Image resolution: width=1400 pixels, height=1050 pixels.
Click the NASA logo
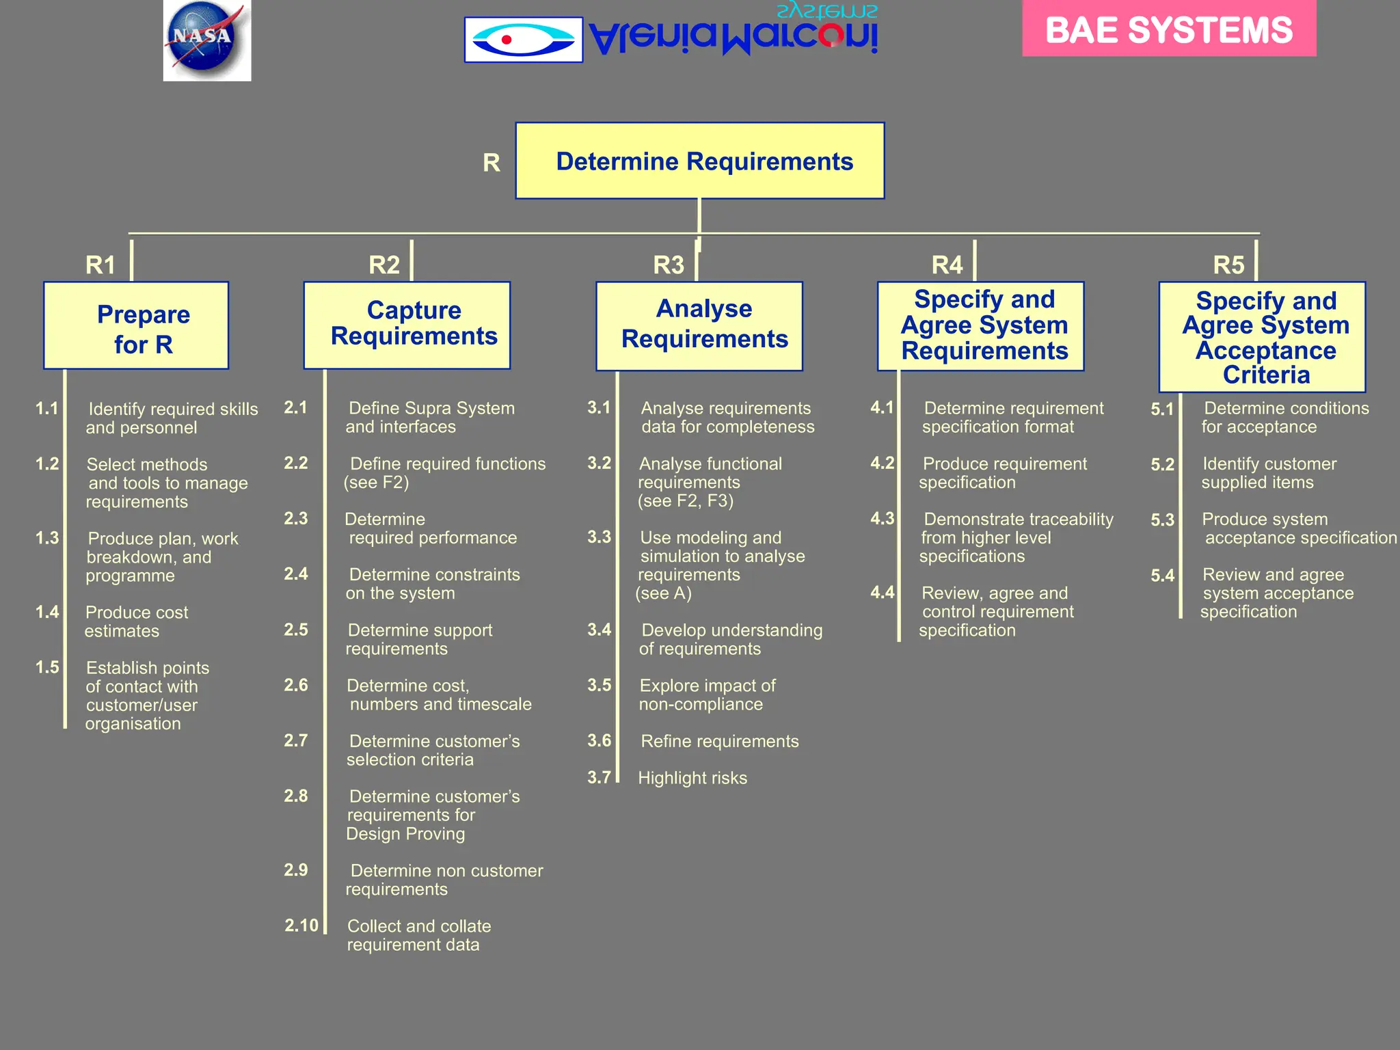tap(206, 40)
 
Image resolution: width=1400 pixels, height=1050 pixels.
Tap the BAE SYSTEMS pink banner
tap(1168, 29)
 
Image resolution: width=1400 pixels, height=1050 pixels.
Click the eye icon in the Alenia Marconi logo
tap(523, 40)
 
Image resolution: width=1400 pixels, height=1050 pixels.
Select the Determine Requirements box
tap(699, 161)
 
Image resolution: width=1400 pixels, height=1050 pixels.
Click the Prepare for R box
tap(136, 326)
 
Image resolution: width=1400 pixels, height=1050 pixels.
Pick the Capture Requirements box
tap(407, 325)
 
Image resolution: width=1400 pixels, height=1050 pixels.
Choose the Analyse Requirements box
tap(699, 326)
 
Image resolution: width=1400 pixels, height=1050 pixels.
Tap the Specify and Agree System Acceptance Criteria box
tap(1262, 337)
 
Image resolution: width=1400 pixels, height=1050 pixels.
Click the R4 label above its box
tap(947, 265)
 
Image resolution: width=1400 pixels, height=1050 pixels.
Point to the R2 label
tap(384, 265)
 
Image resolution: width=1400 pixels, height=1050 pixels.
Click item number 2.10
tap(301, 926)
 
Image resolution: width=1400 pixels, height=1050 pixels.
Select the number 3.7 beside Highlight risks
tap(599, 777)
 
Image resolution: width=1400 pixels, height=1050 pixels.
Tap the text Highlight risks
tap(692, 778)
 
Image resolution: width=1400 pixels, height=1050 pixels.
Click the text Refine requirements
tap(719, 741)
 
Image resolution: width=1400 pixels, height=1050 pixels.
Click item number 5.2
tap(1162, 465)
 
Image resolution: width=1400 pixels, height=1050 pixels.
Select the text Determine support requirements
tap(418, 639)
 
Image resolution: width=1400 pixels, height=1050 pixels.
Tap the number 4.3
tap(882, 519)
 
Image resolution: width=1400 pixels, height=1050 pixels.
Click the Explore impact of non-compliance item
tap(706, 695)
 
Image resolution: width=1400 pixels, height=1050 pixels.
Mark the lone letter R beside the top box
tap(492, 163)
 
